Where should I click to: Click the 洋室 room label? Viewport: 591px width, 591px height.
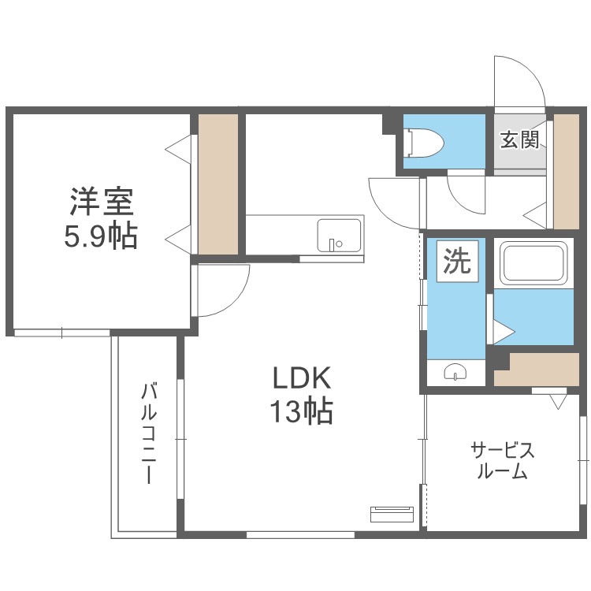pos(101,201)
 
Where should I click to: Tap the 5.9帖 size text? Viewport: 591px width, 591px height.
pos(101,235)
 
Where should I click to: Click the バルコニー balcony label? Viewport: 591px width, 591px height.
pos(147,433)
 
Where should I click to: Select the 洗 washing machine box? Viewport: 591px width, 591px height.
pos(455,262)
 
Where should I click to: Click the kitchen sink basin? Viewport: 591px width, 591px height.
pos(340,235)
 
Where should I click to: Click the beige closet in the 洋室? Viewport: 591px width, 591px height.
pos(217,184)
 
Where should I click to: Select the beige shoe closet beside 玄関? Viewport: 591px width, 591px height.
pos(566,171)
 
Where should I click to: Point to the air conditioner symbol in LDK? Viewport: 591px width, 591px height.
pos(391,514)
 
